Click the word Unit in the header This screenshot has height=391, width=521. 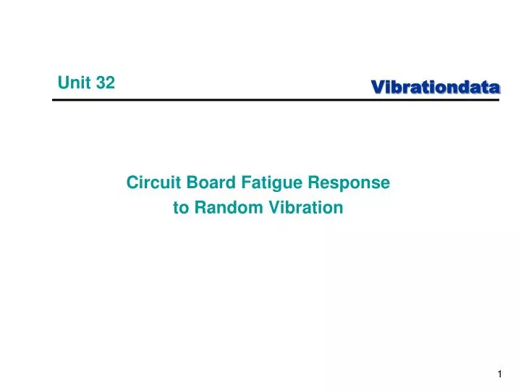[x=75, y=83]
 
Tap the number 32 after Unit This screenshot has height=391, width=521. [x=105, y=83]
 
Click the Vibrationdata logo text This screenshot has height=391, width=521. [x=436, y=88]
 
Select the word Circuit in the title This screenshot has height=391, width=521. [x=150, y=183]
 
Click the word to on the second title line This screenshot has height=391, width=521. [x=180, y=208]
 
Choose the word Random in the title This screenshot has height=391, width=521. [x=229, y=208]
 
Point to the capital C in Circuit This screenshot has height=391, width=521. [x=132, y=183]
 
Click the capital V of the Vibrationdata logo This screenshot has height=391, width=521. [x=377, y=88]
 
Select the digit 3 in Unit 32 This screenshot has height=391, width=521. [x=101, y=83]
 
